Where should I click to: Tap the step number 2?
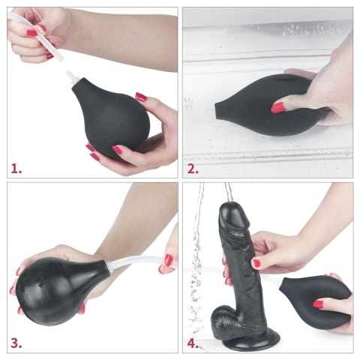pos(193,169)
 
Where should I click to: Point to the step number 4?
pos(193,344)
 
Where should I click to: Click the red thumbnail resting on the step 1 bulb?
pos(140,97)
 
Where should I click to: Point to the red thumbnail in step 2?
pos(278,109)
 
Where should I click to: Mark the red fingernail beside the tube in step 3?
pos(169,260)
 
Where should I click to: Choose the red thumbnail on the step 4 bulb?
pos(319,304)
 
